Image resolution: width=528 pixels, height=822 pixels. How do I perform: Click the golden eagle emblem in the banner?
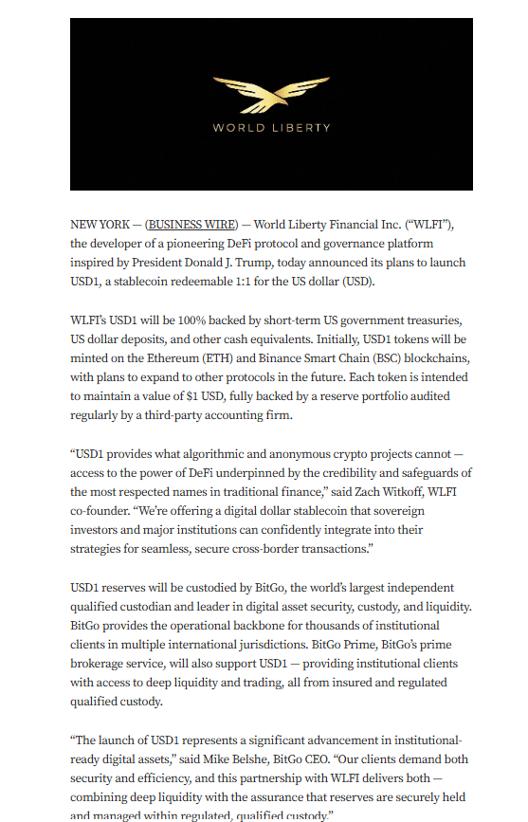pos(271,96)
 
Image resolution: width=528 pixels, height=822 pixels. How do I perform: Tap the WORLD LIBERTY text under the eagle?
pos(271,127)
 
